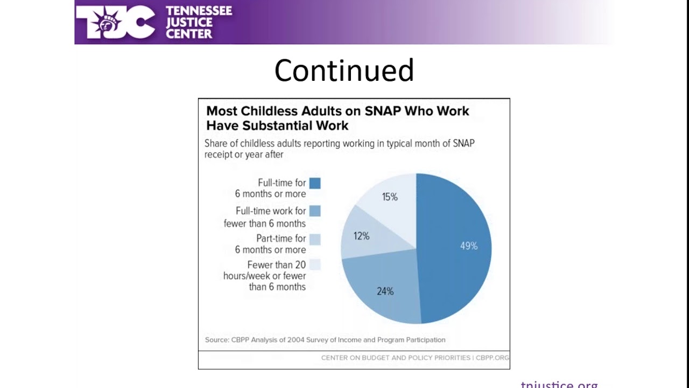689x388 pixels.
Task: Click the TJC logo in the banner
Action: pos(115,22)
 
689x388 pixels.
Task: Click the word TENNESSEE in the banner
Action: pos(199,11)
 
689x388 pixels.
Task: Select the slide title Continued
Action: pos(344,71)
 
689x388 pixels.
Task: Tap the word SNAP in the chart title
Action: pos(383,111)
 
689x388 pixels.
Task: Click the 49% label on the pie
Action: pos(468,246)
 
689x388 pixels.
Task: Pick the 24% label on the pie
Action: pos(385,291)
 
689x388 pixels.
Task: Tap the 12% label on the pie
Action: pos(361,236)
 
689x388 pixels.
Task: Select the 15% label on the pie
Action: pos(390,197)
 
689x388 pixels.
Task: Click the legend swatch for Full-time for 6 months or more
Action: pos(315,183)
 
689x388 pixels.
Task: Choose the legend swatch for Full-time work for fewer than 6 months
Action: pos(315,211)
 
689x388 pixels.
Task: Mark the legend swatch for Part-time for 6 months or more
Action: pos(315,239)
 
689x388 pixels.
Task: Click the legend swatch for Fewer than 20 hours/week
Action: pos(315,265)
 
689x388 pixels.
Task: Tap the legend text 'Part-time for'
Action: pos(281,238)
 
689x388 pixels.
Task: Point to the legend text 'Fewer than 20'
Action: pos(276,265)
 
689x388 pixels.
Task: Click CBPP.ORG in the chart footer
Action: pos(492,358)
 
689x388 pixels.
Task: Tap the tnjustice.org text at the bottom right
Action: pos(559,384)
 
